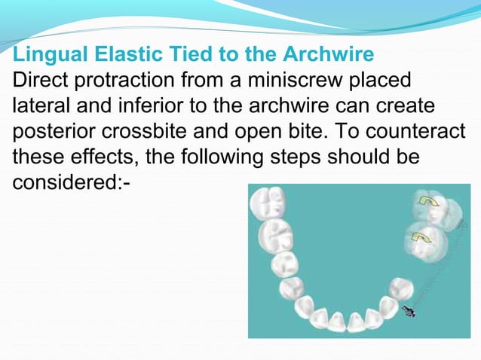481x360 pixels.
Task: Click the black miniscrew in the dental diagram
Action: [x=409, y=310]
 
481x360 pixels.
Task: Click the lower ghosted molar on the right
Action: [x=424, y=240]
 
